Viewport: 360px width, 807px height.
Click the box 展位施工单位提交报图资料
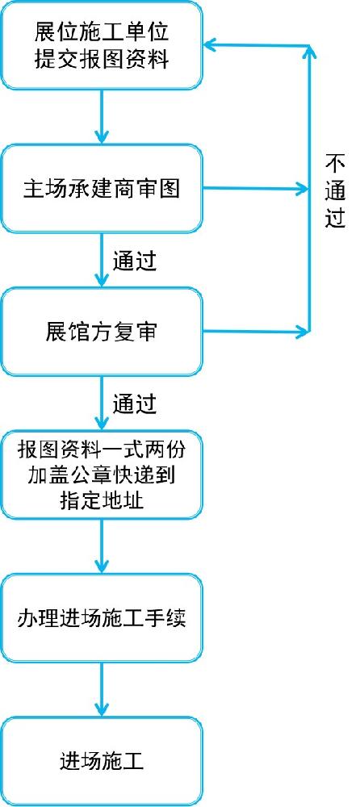[x=102, y=45]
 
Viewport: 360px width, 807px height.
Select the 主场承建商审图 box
[x=102, y=188]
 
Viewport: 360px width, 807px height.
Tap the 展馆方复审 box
[x=102, y=332]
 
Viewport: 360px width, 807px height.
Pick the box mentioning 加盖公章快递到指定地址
[x=102, y=475]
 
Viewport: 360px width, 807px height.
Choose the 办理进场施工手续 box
[x=102, y=617]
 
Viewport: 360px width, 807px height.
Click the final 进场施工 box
[x=102, y=761]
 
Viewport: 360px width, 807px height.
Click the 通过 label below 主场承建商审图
[x=135, y=261]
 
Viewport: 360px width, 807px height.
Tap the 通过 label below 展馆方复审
[x=135, y=404]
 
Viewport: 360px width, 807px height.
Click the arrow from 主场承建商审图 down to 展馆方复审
[x=102, y=260]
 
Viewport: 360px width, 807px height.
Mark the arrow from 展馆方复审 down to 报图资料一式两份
[x=102, y=403]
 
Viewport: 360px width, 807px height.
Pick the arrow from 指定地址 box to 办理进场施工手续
[x=102, y=546]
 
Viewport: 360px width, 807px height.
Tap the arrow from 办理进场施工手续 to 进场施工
[x=102, y=689]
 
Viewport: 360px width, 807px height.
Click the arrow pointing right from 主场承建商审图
[x=256, y=188]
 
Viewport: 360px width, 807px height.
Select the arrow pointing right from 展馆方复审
[x=256, y=332]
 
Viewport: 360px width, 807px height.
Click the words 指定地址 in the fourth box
[x=102, y=500]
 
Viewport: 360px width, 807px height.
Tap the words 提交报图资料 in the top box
[x=102, y=60]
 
